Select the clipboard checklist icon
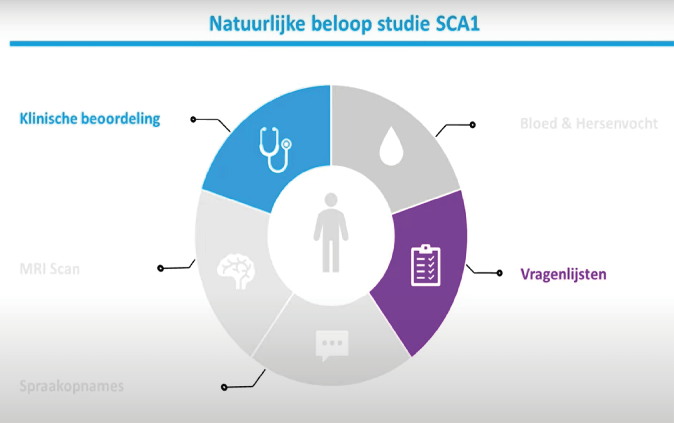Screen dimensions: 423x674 (425, 265)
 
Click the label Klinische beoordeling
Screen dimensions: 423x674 (90, 119)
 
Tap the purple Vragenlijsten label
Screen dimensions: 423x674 (563, 274)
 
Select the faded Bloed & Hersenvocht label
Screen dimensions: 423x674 (589, 124)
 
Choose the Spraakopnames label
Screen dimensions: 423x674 (72, 386)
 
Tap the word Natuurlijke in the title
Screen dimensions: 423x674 (257, 24)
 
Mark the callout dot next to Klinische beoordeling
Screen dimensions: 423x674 (193, 120)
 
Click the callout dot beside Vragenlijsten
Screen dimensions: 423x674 (499, 273)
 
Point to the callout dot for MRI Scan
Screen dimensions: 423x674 (160, 269)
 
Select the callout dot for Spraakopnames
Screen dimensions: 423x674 (224, 387)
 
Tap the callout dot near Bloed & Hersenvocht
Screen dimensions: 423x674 (473, 125)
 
